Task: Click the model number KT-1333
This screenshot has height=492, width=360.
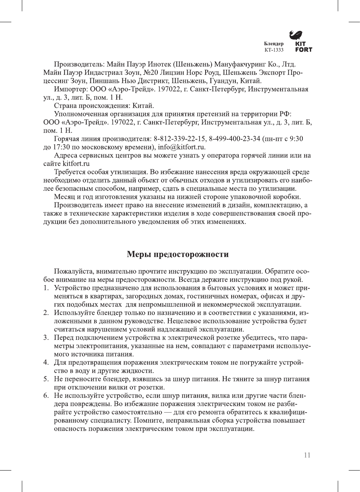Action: pyautogui.click(x=274, y=50)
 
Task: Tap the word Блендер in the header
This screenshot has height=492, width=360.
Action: pyautogui.click(x=274, y=44)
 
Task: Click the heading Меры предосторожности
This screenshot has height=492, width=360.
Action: pyautogui.click(x=178, y=254)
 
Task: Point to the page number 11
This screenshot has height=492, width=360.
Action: pyautogui.click(x=307, y=455)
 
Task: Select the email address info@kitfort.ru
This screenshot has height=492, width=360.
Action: pyautogui.click(x=181, y=147)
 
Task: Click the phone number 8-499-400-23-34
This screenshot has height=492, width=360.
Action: pyautogui.click(x=235, y=139)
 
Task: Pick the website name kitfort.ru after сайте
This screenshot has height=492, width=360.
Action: pyautogui.click(x=76, y=164)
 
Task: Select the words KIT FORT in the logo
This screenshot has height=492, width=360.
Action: pyautogui.click(x=304, y=47)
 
